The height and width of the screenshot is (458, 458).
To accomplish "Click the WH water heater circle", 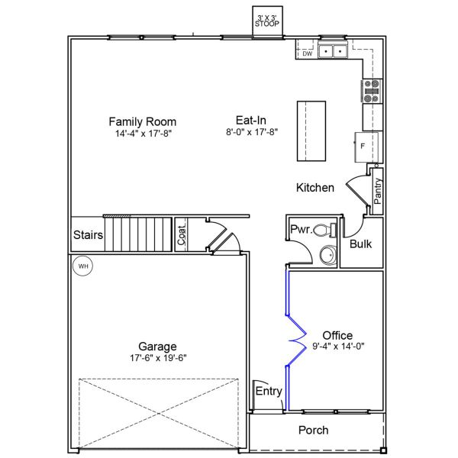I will coord(82,266).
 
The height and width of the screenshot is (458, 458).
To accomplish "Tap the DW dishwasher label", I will coord(307,53).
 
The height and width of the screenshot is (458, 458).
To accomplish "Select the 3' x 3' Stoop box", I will coord(267,21).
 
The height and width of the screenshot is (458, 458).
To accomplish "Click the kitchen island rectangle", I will coord(311,130).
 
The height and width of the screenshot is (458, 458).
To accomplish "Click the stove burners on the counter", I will coord(373,91).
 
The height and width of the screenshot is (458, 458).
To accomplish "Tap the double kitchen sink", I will coord(332,51).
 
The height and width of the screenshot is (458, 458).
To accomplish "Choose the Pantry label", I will coord(378,190).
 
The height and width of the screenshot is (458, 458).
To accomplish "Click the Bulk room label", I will coord(360,244).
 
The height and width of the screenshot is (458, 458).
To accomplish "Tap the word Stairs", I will coord(88,235).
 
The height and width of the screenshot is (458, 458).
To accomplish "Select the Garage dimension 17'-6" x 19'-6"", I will coord(157,357).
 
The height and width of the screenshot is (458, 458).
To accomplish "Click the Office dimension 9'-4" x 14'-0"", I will coord(337,346).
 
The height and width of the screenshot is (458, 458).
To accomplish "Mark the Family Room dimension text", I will coord(142,133).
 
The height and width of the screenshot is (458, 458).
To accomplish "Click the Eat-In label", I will coord(250,120).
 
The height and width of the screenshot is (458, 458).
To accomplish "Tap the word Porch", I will coord(313,431).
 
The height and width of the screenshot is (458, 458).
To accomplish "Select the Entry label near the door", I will coord(269,392).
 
